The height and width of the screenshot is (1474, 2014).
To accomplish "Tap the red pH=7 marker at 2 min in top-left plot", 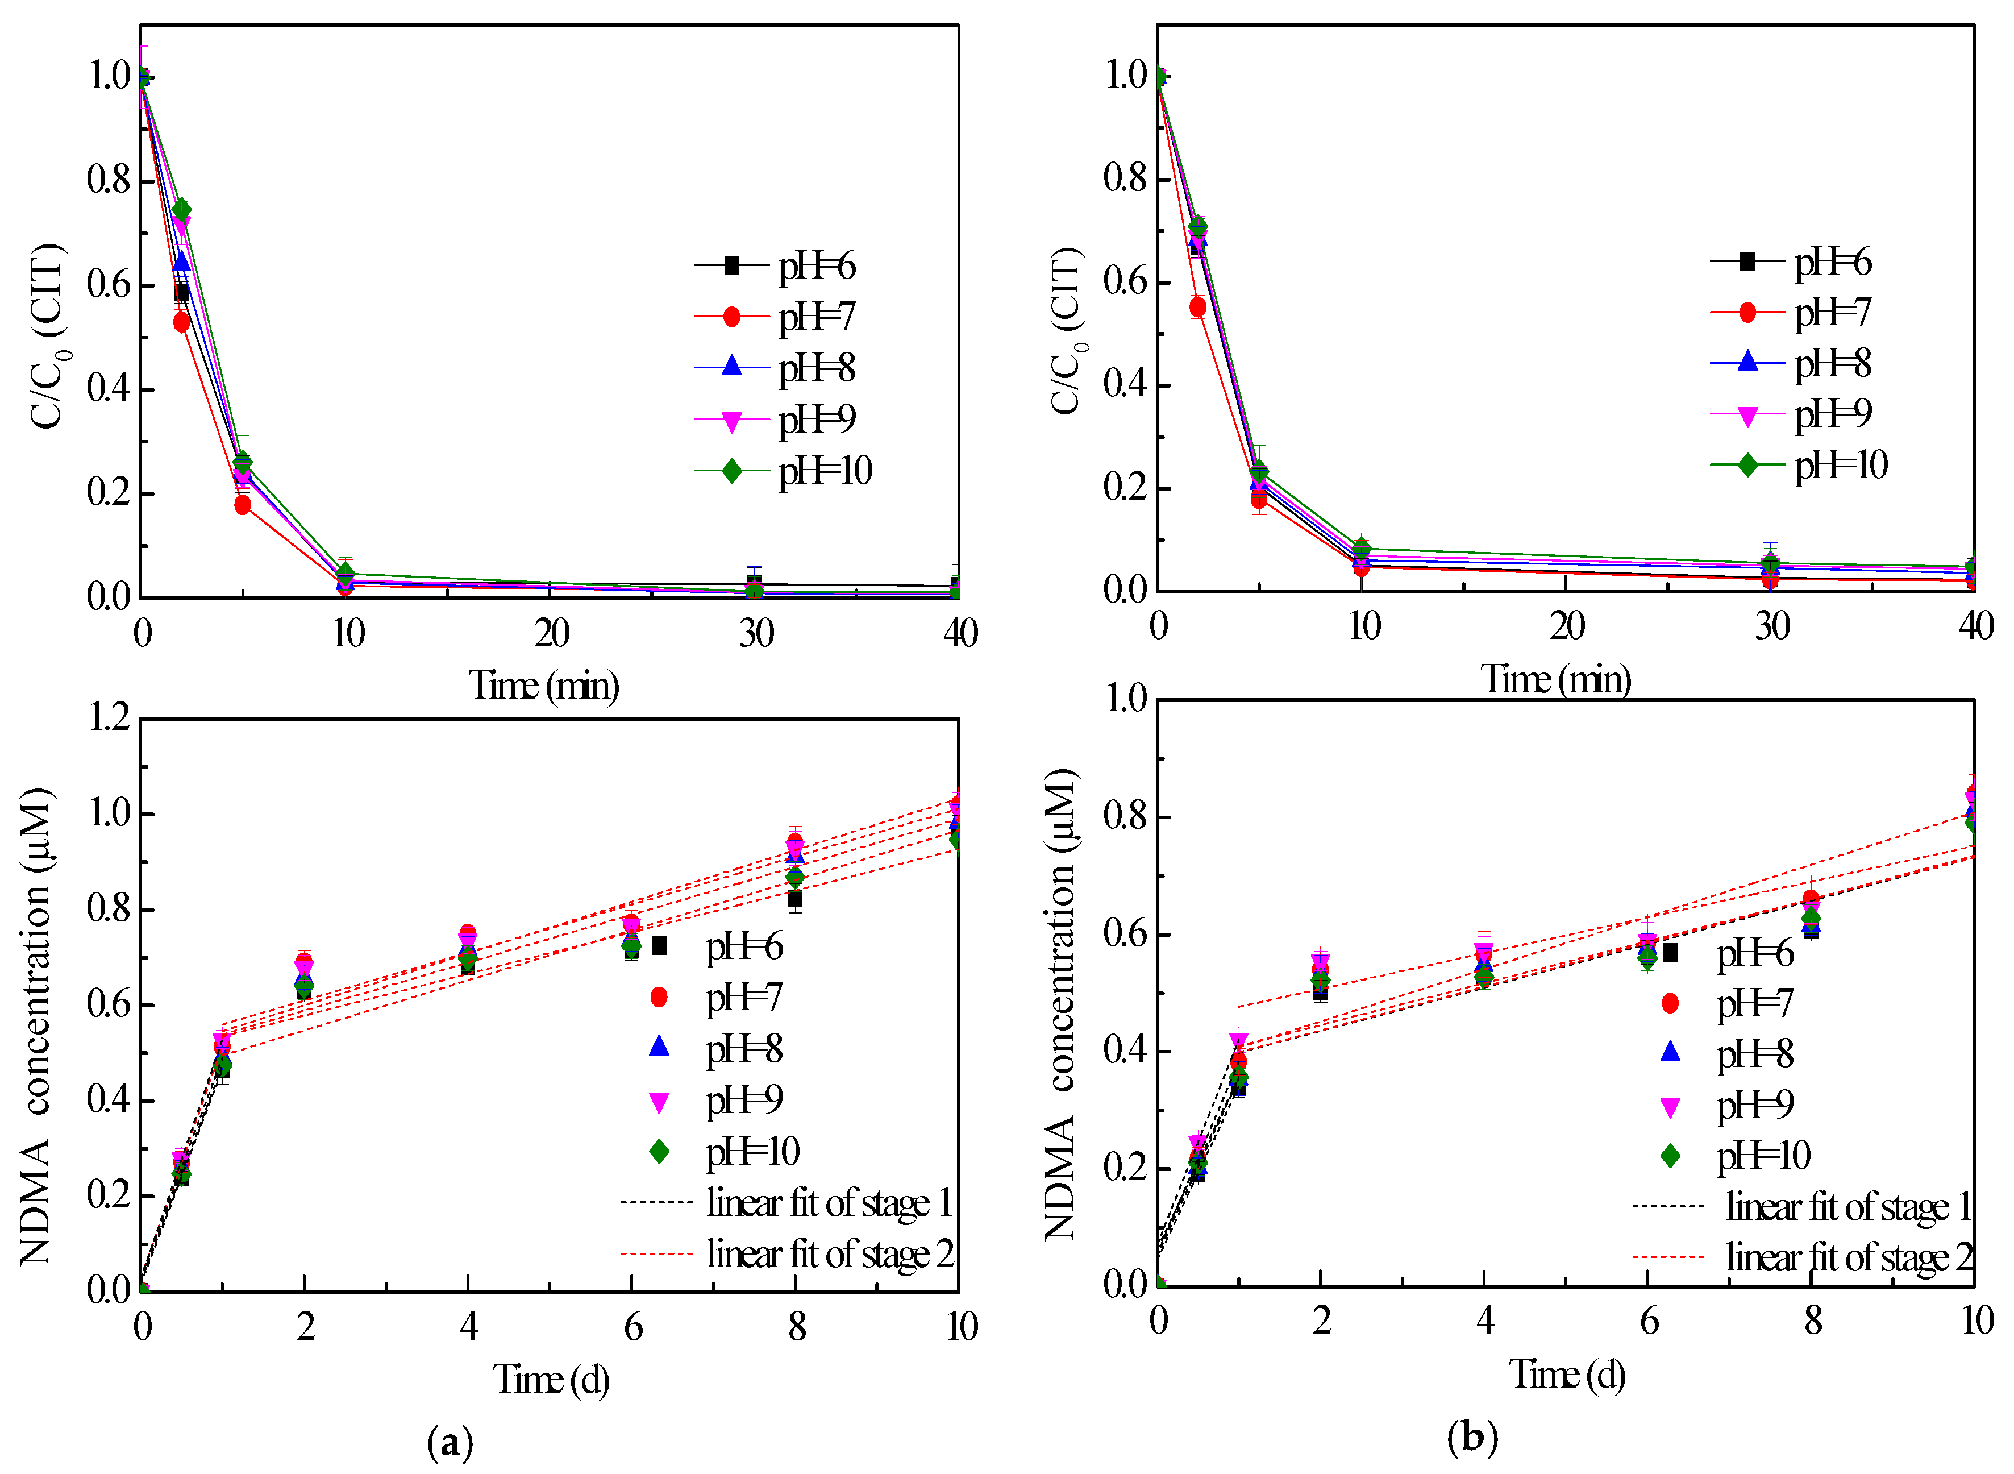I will point(182,322).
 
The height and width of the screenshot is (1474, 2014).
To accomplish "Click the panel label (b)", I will point(1472,1436).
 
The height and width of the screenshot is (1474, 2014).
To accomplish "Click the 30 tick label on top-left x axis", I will point(756,633).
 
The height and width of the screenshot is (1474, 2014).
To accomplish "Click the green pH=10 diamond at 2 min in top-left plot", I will point(182,210).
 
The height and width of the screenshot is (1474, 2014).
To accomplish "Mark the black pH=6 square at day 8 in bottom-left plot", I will point(794,899).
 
